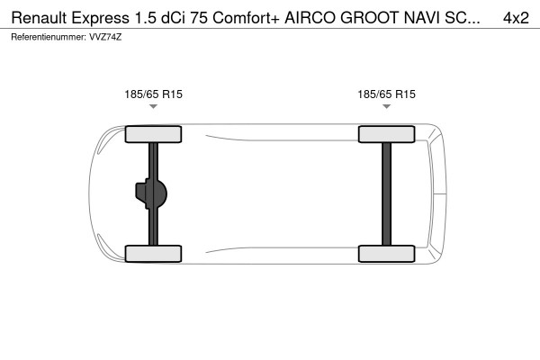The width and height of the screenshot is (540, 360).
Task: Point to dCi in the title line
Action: tap(172, 17)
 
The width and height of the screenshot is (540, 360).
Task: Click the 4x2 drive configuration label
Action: tap(516, 17)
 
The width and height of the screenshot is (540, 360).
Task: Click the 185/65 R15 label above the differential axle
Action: tap(153, 94)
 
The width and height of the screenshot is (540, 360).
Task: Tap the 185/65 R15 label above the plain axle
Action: tap(386, 94)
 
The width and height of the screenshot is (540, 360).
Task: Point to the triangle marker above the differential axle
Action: tap(153, 106)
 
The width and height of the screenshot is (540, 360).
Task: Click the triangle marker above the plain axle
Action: tap(386, 106)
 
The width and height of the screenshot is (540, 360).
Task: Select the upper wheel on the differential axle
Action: tap(153, 135)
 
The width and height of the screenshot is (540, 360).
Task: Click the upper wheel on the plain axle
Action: tap(386, 135)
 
